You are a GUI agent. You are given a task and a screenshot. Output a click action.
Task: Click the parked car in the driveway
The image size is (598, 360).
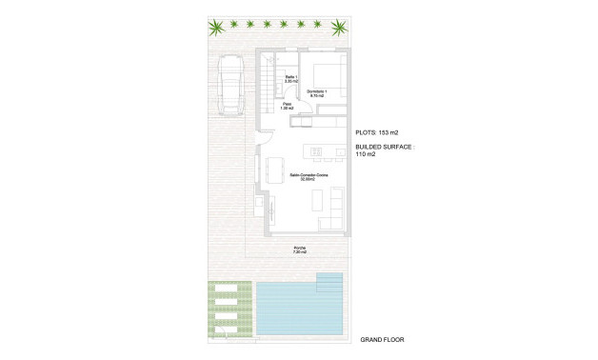[x=229, y=83]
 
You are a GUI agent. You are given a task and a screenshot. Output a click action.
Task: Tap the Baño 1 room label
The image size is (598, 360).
[x=291, y=79]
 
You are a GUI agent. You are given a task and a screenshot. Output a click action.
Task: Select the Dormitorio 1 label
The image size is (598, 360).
[x=317, y=93]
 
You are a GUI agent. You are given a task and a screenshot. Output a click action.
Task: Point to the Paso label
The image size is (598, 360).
[x=273, y=106]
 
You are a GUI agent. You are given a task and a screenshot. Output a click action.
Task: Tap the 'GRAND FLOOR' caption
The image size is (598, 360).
[x=383, y=338]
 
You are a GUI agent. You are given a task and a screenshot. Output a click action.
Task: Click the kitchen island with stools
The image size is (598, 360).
[x=320, y=150]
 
